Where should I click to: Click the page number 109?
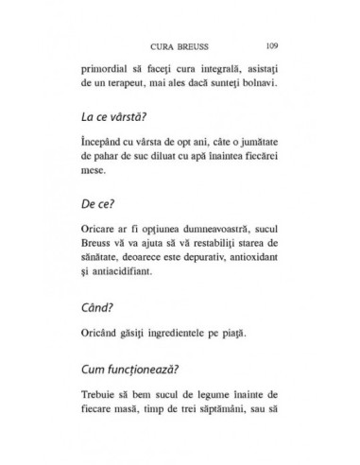click(x=271, y=44)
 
